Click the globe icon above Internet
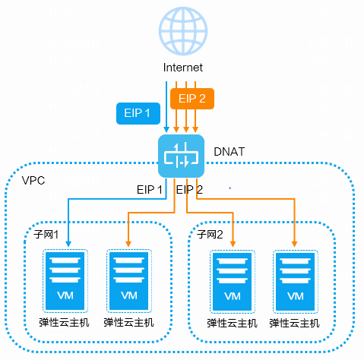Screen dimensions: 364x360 tap(183, 31)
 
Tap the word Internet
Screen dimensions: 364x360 tap(183, 68)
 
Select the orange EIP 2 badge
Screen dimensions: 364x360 tap(192, 99)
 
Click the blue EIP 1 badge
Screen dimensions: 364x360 tap(138, 113)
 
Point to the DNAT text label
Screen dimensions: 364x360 tap(229, 152)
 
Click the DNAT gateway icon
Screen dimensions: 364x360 tap(181, 156)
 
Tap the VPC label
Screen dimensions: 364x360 tap(33, 181)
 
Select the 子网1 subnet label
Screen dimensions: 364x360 tap(46, 235)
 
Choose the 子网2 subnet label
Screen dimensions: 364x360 tap(210, 235)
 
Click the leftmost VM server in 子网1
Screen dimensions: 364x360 tap(65, 281)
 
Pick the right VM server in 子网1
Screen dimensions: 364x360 tap(129, 281)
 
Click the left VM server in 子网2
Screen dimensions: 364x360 tap(233, 282)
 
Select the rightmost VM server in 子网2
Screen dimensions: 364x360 tap(296, 282)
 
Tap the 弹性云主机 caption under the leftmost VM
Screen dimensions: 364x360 tap(64, 323)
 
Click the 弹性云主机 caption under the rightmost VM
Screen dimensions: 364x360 tap(294, 324)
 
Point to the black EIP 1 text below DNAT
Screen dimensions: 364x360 tap(150, 190)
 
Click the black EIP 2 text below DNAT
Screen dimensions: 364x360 tap(189, 190)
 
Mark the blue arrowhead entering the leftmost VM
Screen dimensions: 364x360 tap(68, 244)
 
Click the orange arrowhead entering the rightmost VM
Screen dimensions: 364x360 tap(294, 244)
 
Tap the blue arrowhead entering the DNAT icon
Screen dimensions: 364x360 tap(166, 129)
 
